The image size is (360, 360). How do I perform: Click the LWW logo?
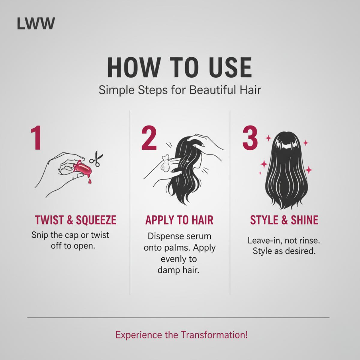tap(36, 24)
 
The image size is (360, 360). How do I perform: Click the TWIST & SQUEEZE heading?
tap(75, 220)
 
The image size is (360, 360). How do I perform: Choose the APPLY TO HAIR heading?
tap(179, 220)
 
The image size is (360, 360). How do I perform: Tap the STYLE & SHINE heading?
tap(284, 220)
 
